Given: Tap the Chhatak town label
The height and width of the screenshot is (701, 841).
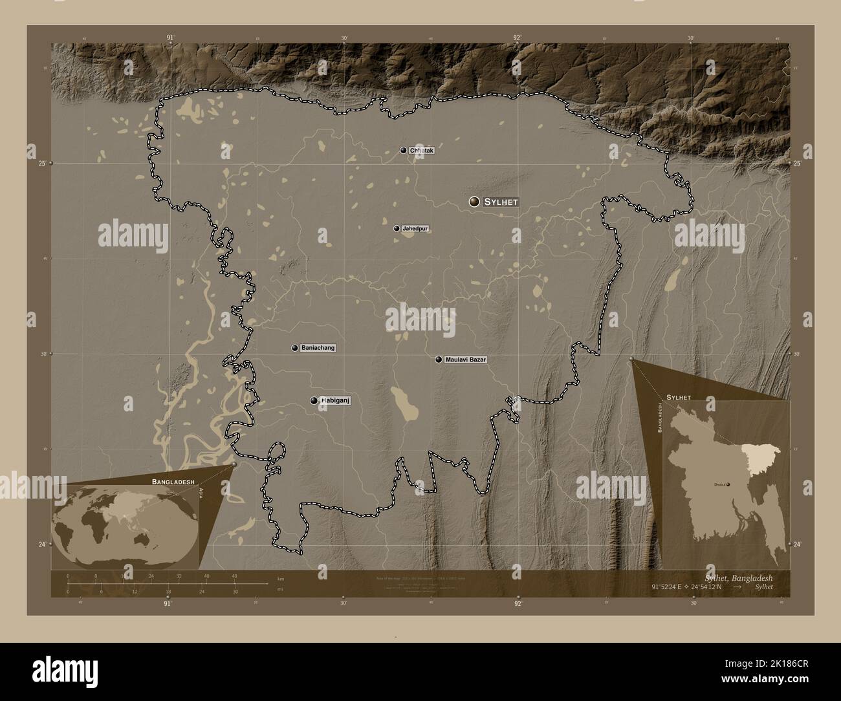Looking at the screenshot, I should click(x=422, y=151).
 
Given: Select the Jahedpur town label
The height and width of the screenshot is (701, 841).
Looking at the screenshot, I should click(x=415, y=228).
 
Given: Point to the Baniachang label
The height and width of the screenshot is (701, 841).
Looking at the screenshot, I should click(x=318, y=348).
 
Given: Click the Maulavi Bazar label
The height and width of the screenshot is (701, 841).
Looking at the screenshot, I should click(x=465, y=359).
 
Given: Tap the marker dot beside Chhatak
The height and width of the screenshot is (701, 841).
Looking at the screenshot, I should click(x=404, y=151).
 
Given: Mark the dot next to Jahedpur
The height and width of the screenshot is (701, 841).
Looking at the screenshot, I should click(x=397, y=228).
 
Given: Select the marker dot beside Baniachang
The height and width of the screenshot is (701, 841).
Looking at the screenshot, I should click(x=295, y=348).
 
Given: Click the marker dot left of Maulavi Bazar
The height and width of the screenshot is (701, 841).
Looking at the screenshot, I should click(x=439, y=359).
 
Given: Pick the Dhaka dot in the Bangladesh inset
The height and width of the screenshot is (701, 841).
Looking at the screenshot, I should click(x=728, y=484).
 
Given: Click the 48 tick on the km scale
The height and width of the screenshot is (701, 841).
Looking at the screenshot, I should click(x=234, y=576).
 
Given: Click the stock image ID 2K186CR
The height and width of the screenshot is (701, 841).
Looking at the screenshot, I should click(x=790, y=680).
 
